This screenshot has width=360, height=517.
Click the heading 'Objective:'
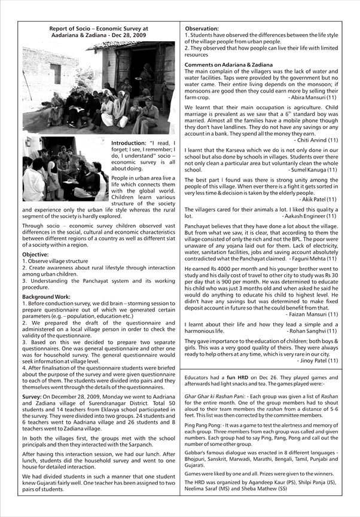[35, 255]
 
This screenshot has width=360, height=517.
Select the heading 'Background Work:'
[45, 297]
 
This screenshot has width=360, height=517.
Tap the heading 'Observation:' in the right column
[202, 29]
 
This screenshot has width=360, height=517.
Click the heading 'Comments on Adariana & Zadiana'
[228, 65]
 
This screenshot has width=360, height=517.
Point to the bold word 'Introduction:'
[128, 143]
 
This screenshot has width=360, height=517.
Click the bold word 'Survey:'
[32, 396]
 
